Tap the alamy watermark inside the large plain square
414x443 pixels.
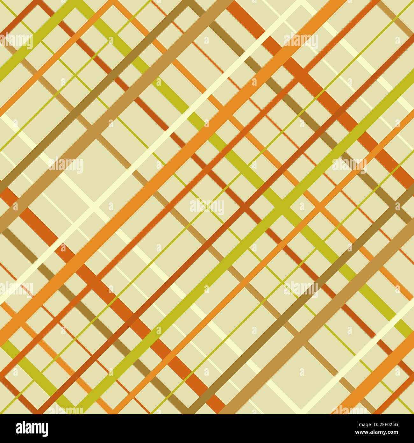click(x=66, y=165)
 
